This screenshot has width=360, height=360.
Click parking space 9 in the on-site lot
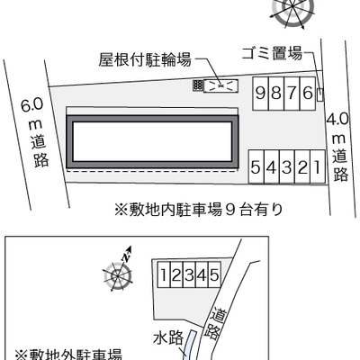(260, 94)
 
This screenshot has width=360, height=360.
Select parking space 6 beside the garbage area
(308, 94)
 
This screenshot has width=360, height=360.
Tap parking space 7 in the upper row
(292, 94)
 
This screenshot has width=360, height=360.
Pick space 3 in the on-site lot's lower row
(287, 166)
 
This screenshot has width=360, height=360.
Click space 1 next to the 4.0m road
(318, 166)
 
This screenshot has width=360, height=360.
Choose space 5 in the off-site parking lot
(214, 274)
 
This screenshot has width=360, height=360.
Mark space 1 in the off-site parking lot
(164, 274)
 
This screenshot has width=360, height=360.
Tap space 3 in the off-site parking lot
(189, 274)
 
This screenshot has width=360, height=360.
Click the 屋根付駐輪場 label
(145, 59)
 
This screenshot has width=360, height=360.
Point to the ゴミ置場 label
(272, 54)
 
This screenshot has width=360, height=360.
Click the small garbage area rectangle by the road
(320, 94)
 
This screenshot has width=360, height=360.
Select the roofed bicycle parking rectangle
(220, 86)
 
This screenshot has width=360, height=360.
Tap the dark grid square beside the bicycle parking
(197, 85)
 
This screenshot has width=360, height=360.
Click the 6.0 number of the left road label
(32, 105)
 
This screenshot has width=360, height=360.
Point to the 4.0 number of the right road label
(337, 120)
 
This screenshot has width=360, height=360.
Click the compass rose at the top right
(292, 11)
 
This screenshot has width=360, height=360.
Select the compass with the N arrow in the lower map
(118, 273)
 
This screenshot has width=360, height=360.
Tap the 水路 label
(168, 338)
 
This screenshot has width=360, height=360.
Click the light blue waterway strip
(191, 345)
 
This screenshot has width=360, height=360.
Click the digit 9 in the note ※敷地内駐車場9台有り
(229, 210)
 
